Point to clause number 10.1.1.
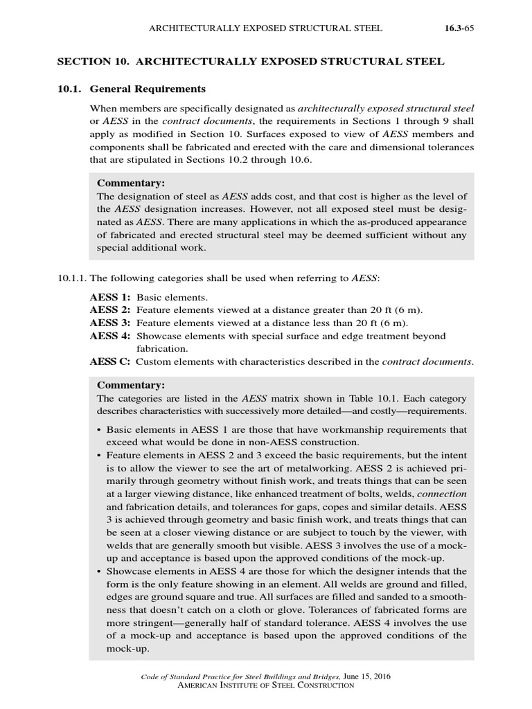coord(71,278)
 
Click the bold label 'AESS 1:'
coord(110,297)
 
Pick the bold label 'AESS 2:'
coord(110,310)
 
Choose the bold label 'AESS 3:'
coord(110,323)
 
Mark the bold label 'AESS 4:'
coord(110,336)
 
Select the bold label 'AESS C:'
coord(110,361)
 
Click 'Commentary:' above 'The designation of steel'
coord(131,183)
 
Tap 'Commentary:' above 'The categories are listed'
coord(131,385)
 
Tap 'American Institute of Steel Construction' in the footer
coord(266,685)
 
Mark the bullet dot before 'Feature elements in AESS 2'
coord(100,456)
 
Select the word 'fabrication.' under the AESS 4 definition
coord(161,349)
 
